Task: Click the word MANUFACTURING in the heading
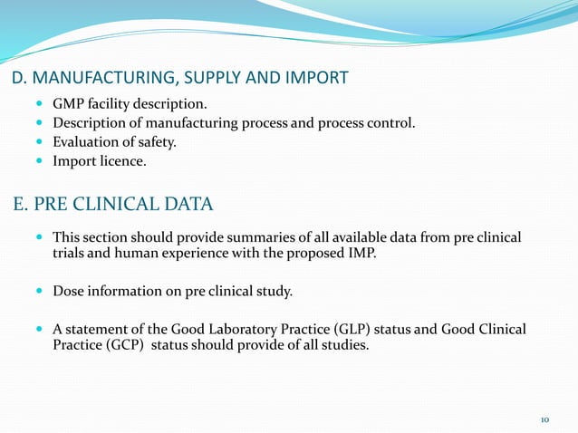(x=97, y=78)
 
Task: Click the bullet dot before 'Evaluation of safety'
(x=38, y=143)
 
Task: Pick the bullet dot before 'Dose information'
(x=38, y=291)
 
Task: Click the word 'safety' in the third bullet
(x=152, y=143)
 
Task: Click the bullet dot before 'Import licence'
(x=38, y=163)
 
